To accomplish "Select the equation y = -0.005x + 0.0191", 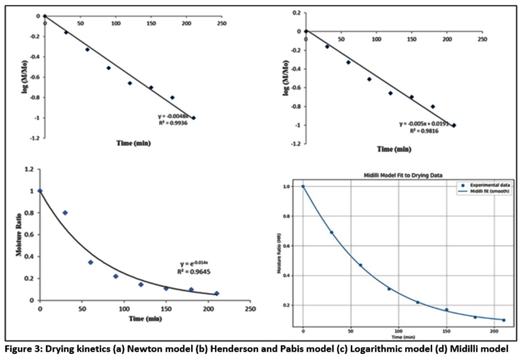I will [x=426, y=124].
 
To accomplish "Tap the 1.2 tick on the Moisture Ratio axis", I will [x=25, y=168].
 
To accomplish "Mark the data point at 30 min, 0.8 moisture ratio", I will [x=65, y=213].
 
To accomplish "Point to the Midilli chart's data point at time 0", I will [x=303, y=187].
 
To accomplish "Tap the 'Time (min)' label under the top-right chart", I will [x=394, y=149].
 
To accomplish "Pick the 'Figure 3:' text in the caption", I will [x=22, y=348].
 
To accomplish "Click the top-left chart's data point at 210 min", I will [x=193, y=118].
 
